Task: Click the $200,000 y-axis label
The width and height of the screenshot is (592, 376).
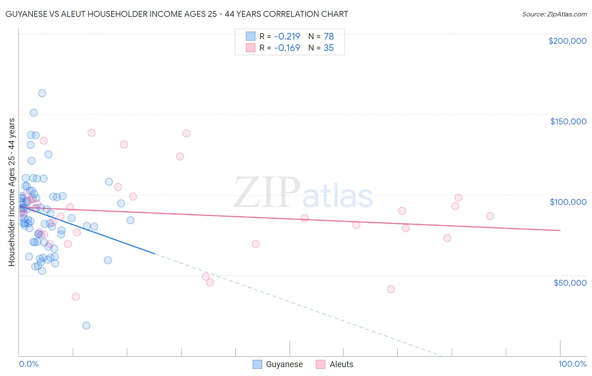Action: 567,41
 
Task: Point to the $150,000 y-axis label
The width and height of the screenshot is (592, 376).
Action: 568,121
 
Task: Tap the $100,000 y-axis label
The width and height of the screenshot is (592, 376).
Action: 568,202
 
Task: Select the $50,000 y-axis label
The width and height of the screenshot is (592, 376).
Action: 570,282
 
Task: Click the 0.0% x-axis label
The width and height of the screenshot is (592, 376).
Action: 29,364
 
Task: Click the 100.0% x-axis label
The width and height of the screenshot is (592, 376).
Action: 572,364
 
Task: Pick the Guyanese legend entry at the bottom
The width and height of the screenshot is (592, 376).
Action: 278,364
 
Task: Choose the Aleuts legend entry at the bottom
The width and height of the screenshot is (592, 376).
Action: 335,364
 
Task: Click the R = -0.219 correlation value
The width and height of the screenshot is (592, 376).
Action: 280,36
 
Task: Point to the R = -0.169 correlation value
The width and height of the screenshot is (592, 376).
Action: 280,48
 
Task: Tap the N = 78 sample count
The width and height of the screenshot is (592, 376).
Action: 321,36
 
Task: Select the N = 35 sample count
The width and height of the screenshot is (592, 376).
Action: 321,48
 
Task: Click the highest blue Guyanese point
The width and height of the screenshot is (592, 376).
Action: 42,93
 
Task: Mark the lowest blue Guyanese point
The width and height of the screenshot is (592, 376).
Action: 86,325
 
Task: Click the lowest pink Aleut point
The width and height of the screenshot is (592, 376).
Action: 76,296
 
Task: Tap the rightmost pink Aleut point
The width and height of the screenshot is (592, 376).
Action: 490,216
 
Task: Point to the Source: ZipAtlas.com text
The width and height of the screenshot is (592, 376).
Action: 554,14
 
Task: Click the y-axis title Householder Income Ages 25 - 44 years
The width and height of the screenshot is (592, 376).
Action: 11,192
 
